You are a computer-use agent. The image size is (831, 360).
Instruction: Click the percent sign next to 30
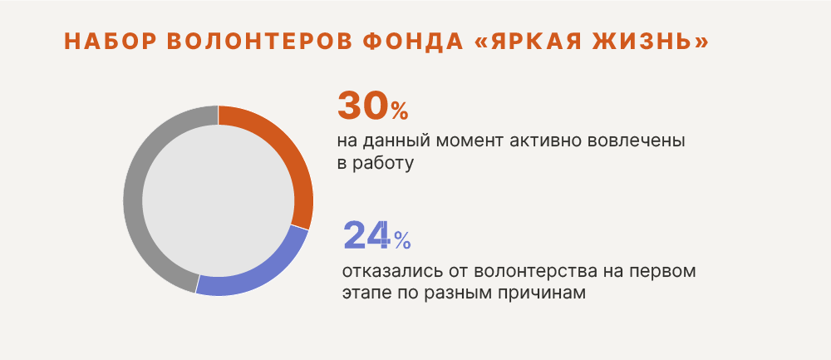(400, 111)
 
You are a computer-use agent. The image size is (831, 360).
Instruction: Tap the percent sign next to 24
(402, 241)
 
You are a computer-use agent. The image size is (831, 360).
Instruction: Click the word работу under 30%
(382, 164)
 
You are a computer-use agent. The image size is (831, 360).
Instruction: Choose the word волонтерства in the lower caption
(526, 272)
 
